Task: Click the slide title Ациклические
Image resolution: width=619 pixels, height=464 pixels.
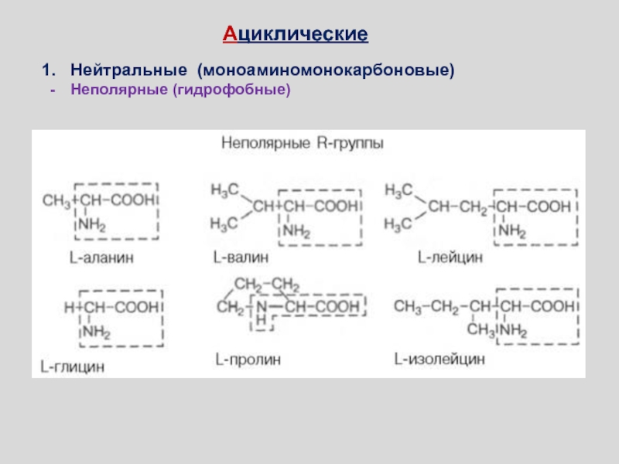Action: coord(296,35)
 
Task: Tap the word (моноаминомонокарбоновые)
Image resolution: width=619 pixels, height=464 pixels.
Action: coord(325,70)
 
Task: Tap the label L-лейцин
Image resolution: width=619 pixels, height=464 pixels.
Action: coord(450,255)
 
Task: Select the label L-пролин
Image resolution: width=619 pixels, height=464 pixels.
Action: coord(248,360)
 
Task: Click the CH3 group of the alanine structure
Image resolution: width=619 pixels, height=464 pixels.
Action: coord(56,203)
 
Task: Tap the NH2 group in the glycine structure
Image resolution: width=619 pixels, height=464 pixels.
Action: coord(95,333)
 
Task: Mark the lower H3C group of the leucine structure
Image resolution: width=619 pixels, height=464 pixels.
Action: coord(399,224)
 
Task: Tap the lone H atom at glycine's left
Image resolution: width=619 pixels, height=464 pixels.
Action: coord(68,308)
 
